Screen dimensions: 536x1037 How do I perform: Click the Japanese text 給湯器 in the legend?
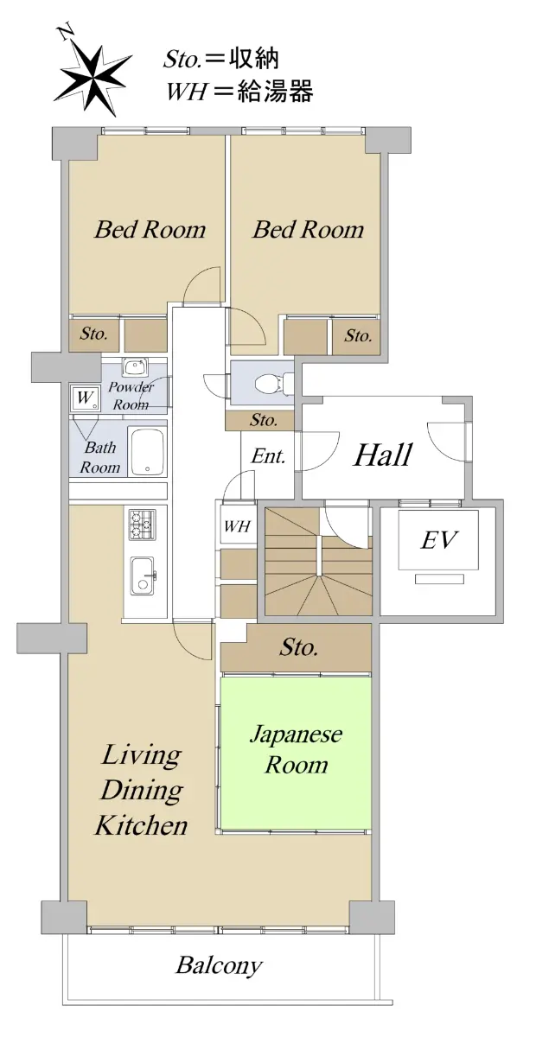tap(275, 90)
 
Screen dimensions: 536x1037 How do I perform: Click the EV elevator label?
tap(438, 540)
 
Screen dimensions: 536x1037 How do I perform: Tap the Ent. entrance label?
tap(268, 456)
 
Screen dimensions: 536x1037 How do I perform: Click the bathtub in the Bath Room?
tap(147, 451)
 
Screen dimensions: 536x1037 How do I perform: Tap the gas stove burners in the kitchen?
tap(143, 524)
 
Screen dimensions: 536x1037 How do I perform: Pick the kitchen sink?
tap(144, 575)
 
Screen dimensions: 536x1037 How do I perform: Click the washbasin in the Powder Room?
tap(135, 367)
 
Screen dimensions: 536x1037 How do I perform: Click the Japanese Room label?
tap(296, 749)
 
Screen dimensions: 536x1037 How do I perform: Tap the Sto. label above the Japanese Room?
tap(298, 646)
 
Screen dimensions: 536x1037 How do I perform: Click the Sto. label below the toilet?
tap(264, 419)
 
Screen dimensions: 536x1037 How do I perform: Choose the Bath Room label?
tap(100, 457)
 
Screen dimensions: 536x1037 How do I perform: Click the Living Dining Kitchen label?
tap(141, 790)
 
